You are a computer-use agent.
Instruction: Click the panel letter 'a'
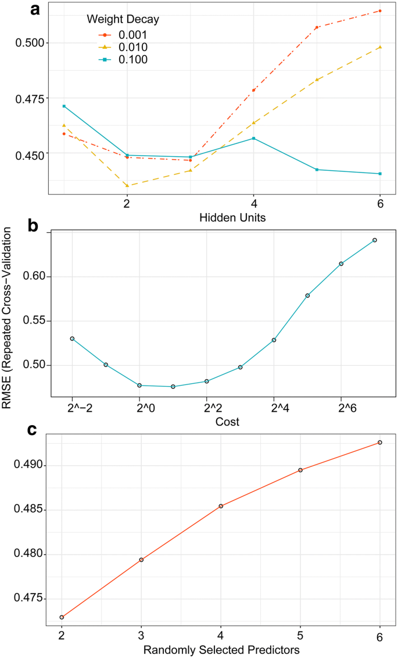tap(35, 10)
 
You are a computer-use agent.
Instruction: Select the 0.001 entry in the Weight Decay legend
tap(131, 35)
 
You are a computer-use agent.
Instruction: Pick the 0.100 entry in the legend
tap(131, 59)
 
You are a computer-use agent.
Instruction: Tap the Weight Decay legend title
tap(123, 19)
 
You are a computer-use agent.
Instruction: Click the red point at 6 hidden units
tap(380, 11)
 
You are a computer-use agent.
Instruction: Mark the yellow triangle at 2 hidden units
tap(127, 185)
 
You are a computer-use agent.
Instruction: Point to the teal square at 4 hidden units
tap(254, 138)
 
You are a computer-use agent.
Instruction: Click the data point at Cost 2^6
tap(341, 264)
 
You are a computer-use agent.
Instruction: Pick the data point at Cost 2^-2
tap(72, 339)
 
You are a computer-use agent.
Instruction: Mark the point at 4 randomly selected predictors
tap(221, 506)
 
